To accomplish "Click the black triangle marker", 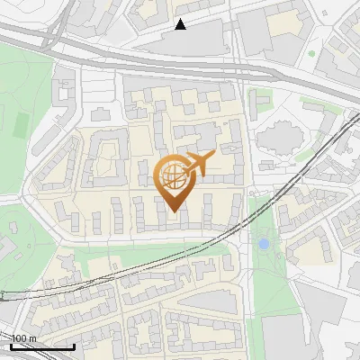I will coord(181,24).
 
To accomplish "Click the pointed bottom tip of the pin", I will coord(174,212).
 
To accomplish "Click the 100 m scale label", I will coord(23,338).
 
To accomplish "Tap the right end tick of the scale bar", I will coord(74,345).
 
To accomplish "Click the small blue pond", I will coord(263,243).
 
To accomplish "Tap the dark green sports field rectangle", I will coord(22,121).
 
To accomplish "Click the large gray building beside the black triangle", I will coord(193,38).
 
